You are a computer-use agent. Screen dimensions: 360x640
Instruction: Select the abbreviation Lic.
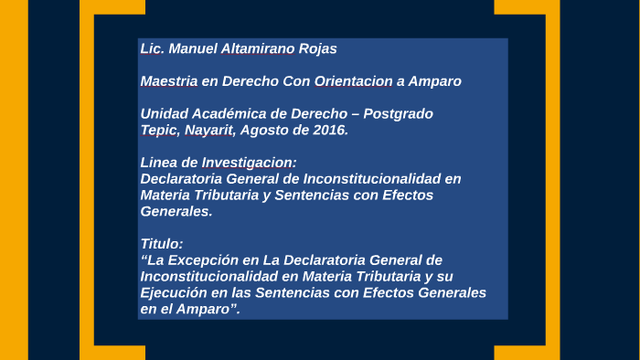tap(151, 48)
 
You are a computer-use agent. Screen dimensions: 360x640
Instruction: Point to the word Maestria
tap(168, 81)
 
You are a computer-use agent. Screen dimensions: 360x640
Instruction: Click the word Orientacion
tap(353, 81)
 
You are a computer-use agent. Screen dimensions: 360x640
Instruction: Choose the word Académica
tap(221, 114)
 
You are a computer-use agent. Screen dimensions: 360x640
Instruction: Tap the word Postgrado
tap(398, 114)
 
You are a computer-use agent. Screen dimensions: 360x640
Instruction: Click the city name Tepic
tap(158, 131)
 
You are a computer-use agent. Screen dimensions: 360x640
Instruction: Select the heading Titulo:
tap(162, 244)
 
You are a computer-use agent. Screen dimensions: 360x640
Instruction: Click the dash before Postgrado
tap(356, 114)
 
